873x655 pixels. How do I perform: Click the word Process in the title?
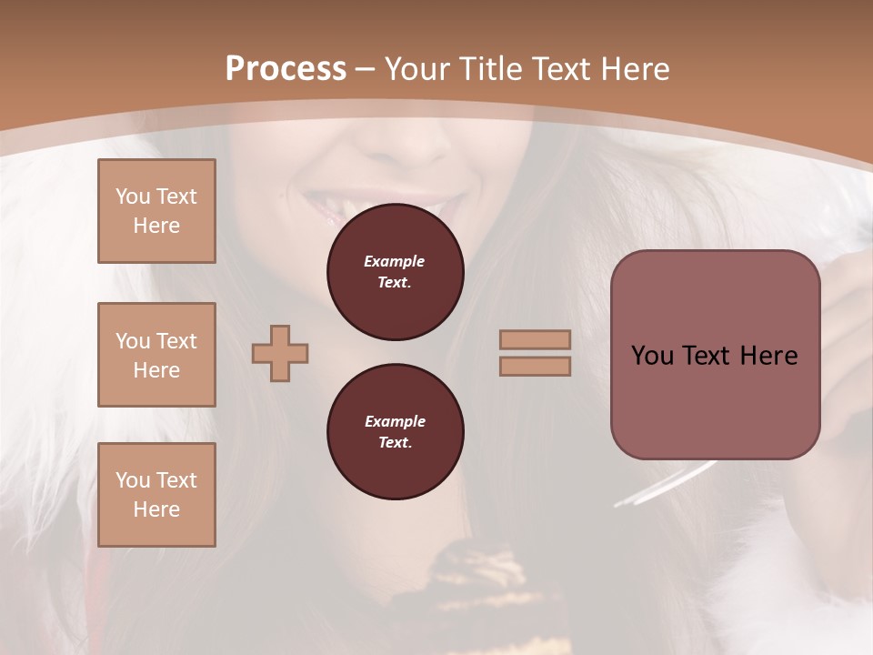pyautogui.click(x=286, y=69)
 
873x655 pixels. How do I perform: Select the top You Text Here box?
pyautogui.click(x=156, y=211)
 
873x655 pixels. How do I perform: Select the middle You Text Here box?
pyautogui.click(x=156, y=355)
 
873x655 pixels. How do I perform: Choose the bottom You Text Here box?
pyautogui.click(x=156, y=495)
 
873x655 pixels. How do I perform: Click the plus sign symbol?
pyautogui.click(x=280, y=354)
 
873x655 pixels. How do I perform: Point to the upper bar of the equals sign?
pyautogui.click(x=536, y=340)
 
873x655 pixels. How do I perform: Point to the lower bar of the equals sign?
pyautogui.click(x=536, y=367)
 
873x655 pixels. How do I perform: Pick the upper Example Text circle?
pyautogui.click(x=395, y=272)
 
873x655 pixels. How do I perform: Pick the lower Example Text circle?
pyautogui.click(x=395, y=432)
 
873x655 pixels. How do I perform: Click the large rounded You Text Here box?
pyautogui.click(x=715, y=355)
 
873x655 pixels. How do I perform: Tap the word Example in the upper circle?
pyautogui.click(x=395, y=261)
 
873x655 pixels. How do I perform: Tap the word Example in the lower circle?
pyautogui.click(x=395, y=421)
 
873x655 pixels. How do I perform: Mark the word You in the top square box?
pyautogui.click(x=133, y=196)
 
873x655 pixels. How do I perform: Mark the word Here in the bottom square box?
pyautogui.click(x=156, y=509)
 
